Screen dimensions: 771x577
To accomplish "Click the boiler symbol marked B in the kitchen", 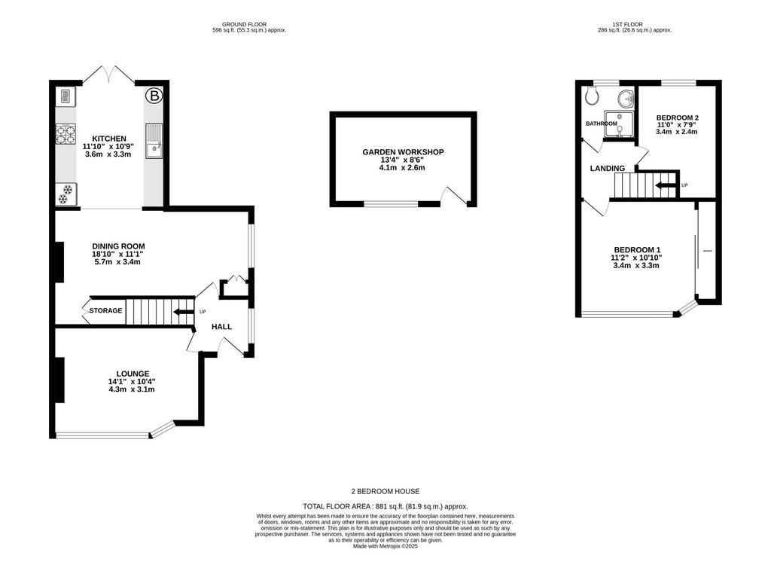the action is [154, 96].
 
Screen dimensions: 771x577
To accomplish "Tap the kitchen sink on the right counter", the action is [154, 141].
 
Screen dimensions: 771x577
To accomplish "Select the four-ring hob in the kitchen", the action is [66, 135].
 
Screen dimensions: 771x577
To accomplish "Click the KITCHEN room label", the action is [109, 139].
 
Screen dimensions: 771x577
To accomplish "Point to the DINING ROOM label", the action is [118, 246].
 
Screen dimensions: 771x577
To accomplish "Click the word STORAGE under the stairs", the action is [105, 310].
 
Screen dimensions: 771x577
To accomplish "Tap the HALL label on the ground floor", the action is [222, 327].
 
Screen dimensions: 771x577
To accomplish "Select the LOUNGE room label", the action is [133, 374].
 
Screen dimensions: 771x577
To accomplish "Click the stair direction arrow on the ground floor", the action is [184, 311].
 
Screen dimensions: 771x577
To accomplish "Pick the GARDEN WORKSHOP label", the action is [404, 152].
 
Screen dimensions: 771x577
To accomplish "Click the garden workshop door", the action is [453, 195].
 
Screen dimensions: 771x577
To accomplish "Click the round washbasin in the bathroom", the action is [626, 99].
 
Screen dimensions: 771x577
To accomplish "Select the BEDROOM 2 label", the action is [677, 118].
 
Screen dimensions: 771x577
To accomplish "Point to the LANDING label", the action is [608, 168].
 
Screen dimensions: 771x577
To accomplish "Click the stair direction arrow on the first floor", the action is [665, 185].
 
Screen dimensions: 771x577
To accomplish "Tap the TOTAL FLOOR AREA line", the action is [385, 506].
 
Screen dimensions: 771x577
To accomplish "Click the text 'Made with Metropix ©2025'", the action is [385, 546].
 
